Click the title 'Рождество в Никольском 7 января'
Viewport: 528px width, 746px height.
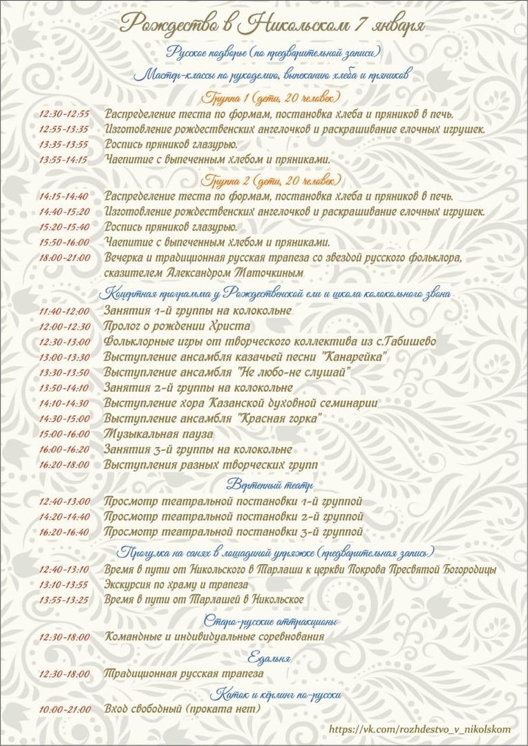272,24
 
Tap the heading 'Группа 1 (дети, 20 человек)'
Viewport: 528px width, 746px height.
271,97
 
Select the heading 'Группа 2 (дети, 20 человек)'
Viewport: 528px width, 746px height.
271,180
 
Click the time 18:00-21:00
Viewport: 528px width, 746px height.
65,258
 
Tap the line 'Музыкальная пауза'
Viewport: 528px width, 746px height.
158,434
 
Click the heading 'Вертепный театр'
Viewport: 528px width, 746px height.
270,484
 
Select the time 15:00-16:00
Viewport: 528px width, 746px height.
65,434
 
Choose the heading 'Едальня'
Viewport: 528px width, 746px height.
269,656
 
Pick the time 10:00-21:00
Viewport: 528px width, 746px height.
65,709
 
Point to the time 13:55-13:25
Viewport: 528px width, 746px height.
64,600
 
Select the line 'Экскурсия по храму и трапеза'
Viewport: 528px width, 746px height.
176,584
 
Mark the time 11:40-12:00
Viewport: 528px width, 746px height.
65,312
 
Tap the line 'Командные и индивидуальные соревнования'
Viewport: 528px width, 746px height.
214,636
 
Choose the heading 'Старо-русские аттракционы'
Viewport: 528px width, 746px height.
271,620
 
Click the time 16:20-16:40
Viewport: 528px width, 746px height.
65,533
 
